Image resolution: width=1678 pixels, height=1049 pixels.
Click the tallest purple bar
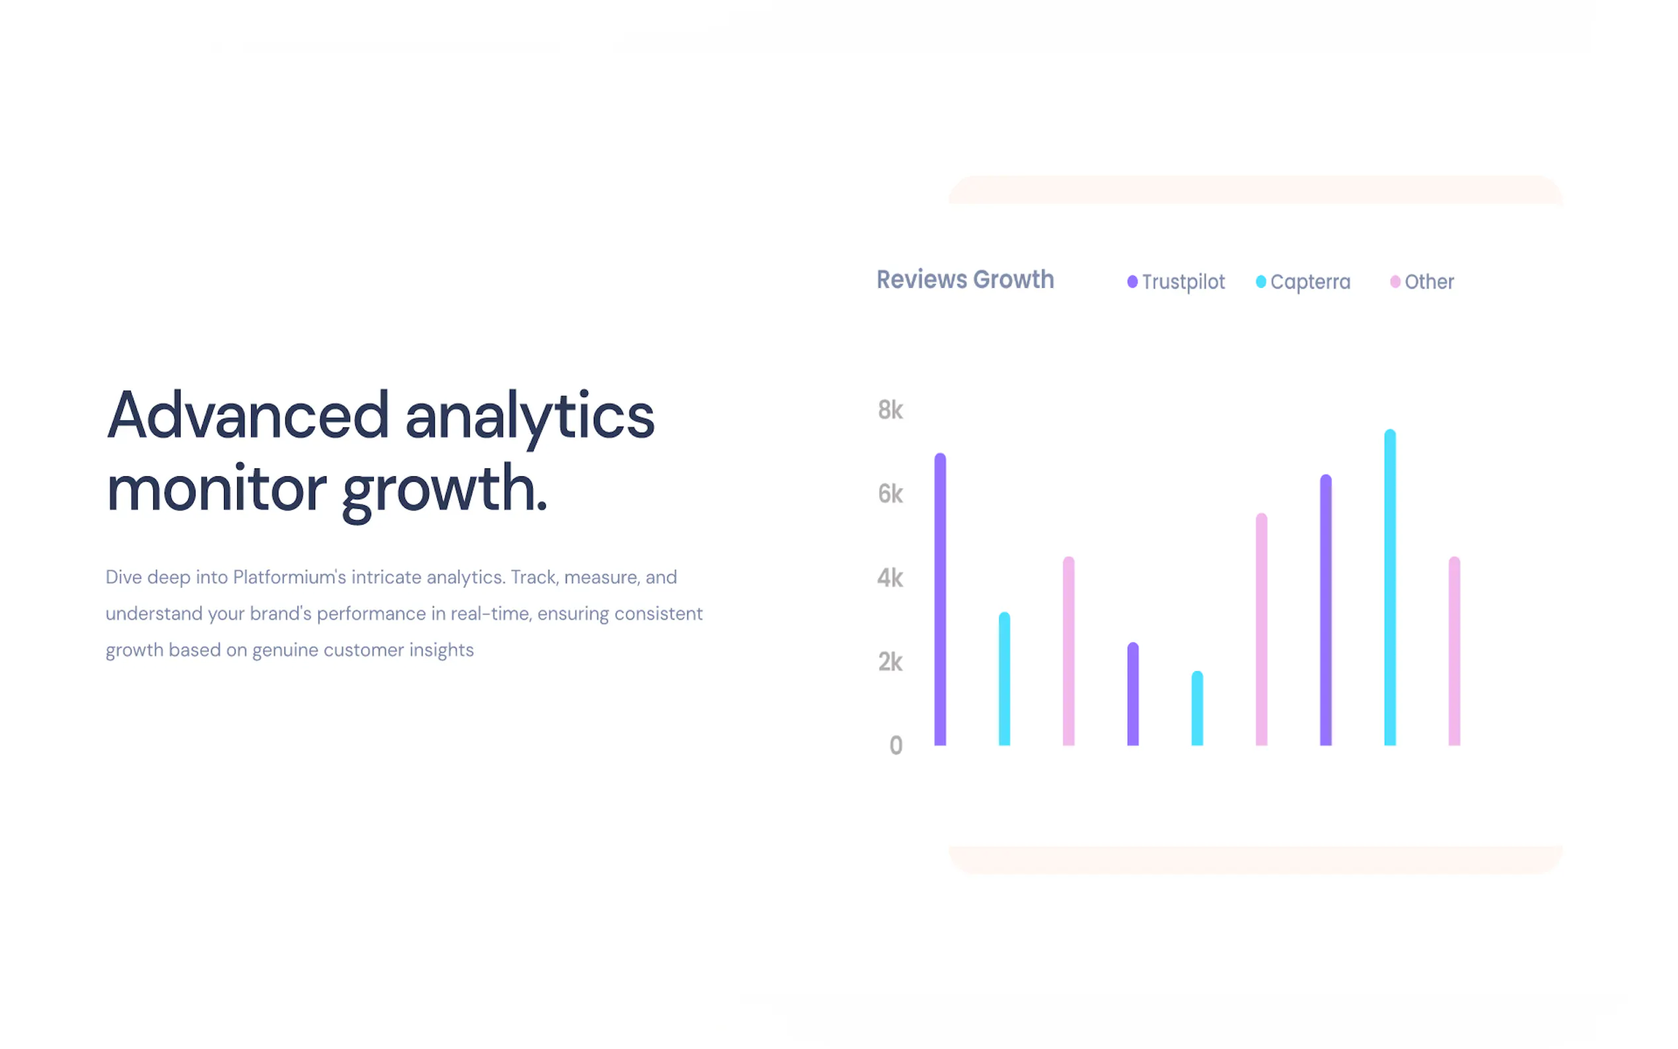940,599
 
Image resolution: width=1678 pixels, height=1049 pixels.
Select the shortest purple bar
1133,694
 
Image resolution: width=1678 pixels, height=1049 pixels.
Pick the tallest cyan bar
1390,588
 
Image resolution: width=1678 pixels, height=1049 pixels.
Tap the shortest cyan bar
1197,708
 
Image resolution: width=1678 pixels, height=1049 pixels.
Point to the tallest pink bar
1261,630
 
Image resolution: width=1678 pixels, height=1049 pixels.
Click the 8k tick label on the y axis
891,410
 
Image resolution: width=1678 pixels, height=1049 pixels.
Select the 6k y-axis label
891,494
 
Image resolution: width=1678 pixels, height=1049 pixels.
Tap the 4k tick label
891,578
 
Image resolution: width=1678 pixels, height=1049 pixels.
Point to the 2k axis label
891,662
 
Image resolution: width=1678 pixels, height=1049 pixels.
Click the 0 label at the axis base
896,746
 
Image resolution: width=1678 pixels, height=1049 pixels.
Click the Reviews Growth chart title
965,279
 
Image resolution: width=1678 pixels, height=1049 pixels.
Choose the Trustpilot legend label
1183,282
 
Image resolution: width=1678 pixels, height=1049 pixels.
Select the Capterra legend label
1310,282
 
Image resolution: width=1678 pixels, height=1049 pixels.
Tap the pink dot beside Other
1395,281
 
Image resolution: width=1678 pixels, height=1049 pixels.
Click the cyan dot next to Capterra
1261,281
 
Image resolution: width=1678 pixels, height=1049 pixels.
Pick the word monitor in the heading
216,489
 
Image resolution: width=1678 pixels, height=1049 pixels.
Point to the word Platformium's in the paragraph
289,577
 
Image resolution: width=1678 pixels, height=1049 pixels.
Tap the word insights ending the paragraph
441,650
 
